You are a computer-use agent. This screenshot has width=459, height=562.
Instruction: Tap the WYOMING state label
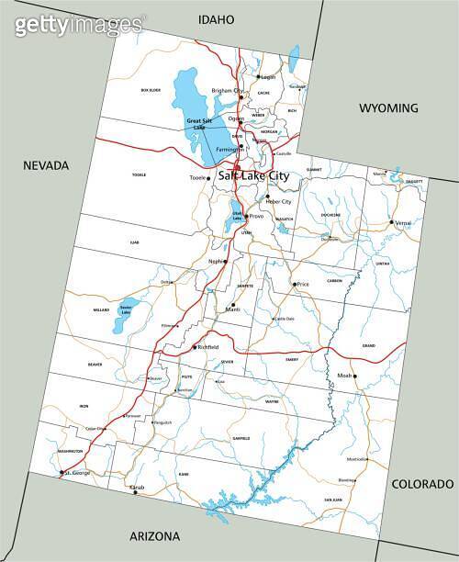point(388,107)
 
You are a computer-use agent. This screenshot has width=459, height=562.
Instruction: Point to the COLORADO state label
point(422,483)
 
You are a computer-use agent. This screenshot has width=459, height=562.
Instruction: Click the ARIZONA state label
point(153,536)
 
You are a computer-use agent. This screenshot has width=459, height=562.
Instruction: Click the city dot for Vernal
point(391,222)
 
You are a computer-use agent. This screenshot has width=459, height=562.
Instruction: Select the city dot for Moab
point(355,376)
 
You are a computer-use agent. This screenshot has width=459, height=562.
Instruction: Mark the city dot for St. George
point(62,473)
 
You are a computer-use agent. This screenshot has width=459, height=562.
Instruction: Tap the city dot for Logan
point(258,77)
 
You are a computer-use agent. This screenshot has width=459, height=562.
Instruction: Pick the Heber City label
point(280,201)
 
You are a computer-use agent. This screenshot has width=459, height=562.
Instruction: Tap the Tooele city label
point(197,177)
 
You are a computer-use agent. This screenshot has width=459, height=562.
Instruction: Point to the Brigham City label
point(227,91)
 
